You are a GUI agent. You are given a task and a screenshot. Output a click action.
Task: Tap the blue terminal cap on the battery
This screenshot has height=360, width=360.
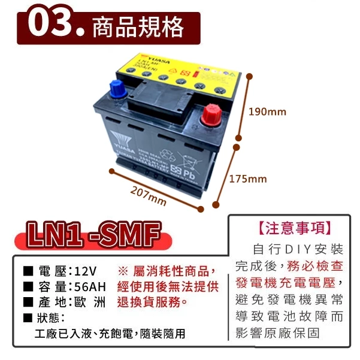[118, 90]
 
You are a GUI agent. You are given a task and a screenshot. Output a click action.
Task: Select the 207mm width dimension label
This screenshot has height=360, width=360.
[148, 194]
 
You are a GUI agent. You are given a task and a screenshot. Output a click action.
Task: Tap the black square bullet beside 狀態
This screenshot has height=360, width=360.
[28, 317]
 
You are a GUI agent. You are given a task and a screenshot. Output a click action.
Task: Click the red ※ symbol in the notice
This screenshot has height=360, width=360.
[124, 270]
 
